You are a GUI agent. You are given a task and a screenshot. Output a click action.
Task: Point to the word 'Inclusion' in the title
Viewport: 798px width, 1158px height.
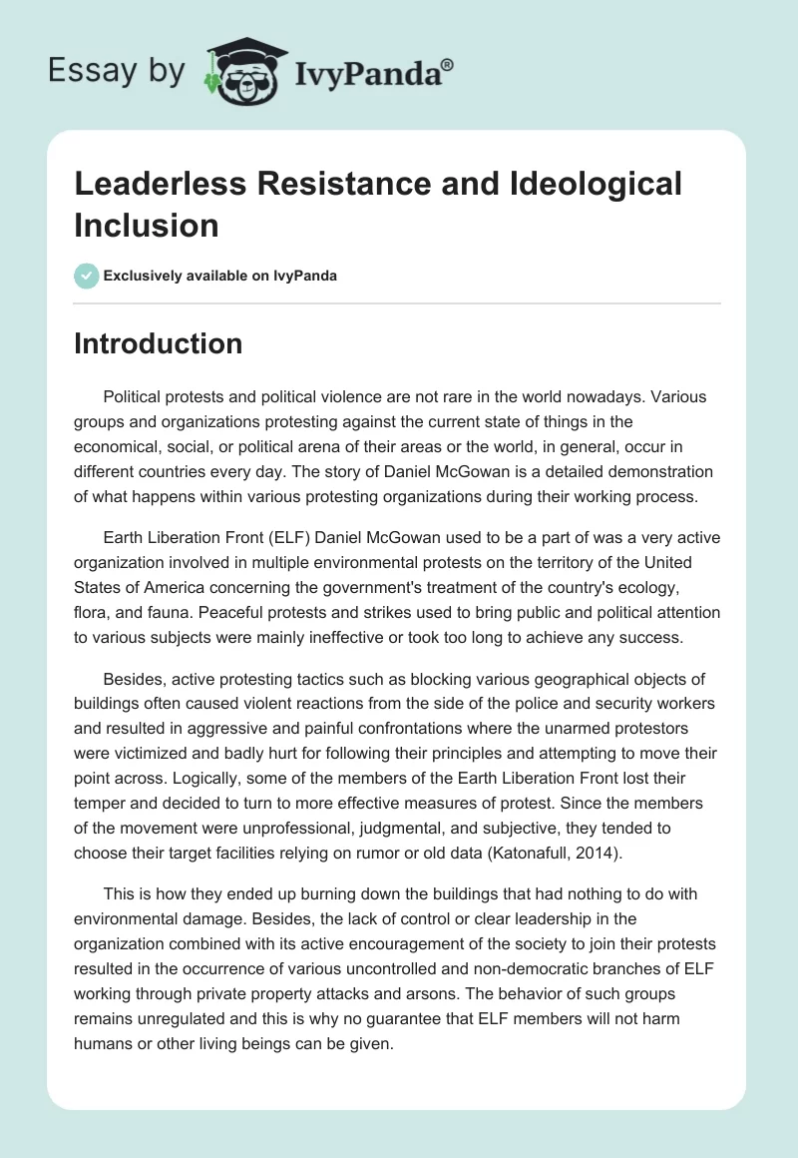[x=146, y=225]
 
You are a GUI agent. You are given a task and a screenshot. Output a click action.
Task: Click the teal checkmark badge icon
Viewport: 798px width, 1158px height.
[x=87, y=276]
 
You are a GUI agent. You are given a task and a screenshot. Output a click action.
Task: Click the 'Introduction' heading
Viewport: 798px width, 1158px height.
[x=159, y=343]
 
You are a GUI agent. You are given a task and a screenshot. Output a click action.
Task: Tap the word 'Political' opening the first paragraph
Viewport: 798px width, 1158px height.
[x=135, y=396]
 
